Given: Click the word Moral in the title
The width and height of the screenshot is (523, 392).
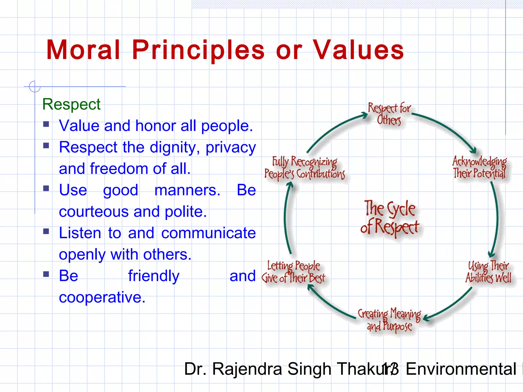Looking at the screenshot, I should tap(83, 50).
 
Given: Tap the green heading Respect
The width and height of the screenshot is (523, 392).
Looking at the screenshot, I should tap(71, 104).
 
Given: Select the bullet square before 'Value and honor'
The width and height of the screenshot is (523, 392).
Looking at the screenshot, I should tap(46, 124).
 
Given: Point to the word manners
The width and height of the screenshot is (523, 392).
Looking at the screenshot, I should tap(187, 190).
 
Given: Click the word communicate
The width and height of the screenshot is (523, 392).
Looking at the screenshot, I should tap(208, 233).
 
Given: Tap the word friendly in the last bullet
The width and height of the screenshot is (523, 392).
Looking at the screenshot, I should tap(154, 276).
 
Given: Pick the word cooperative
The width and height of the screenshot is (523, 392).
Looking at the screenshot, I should tap(102, 298).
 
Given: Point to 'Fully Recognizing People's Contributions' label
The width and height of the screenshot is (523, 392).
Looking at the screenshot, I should tap(305, 168).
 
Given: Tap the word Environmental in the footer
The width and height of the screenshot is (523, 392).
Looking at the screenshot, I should tap(461, 369).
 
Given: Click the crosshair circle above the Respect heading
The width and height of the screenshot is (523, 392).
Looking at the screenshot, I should tap(35, 87).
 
